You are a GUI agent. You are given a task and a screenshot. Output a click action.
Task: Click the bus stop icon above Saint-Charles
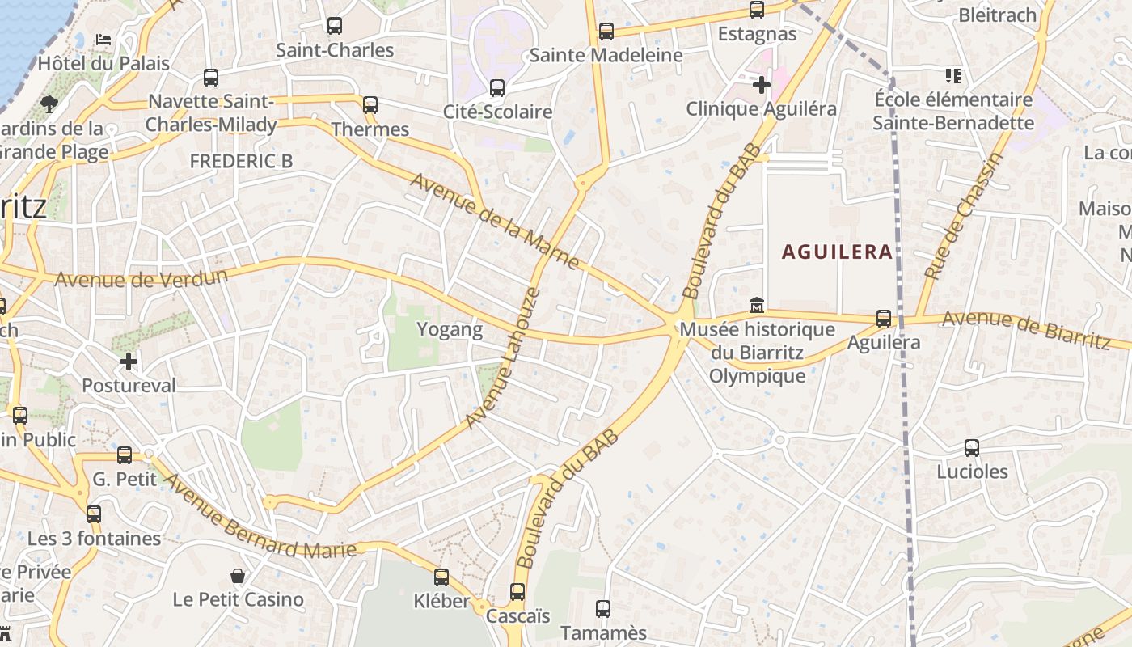[335, 26]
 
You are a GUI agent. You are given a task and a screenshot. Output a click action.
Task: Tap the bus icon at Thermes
[370, 104]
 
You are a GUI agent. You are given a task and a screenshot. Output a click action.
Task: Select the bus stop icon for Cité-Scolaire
[497, 88]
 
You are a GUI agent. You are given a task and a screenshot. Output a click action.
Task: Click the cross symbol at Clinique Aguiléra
[761, 84]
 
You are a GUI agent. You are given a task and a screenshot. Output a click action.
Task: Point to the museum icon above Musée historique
[757, 306]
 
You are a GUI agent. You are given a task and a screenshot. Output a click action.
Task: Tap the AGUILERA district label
[837, 252]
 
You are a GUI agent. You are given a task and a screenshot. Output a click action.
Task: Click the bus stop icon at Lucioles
[972, 447]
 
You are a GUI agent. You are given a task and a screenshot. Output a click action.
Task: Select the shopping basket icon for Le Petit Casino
[238, 576]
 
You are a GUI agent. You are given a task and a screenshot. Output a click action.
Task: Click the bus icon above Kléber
[441, 577]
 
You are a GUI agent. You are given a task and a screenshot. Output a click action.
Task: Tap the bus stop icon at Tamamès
[603, 609]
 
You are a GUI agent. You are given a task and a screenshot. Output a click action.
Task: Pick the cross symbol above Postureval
[129, 362]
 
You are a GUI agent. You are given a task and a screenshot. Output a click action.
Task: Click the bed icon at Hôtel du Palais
[103, 39]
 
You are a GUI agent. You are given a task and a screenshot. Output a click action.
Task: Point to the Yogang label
[449, 329]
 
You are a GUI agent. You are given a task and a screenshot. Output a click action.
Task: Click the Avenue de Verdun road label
[141, 278]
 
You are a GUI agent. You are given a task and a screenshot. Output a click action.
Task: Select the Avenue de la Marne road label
[494, 221]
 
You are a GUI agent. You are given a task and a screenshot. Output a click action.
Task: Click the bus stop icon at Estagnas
[757, 10]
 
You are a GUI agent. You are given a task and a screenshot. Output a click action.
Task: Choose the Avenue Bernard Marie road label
[259, 518]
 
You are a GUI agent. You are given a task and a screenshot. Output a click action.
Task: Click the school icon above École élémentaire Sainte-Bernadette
[953, 76]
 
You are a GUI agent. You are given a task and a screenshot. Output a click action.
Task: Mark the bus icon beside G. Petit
[125, 455]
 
